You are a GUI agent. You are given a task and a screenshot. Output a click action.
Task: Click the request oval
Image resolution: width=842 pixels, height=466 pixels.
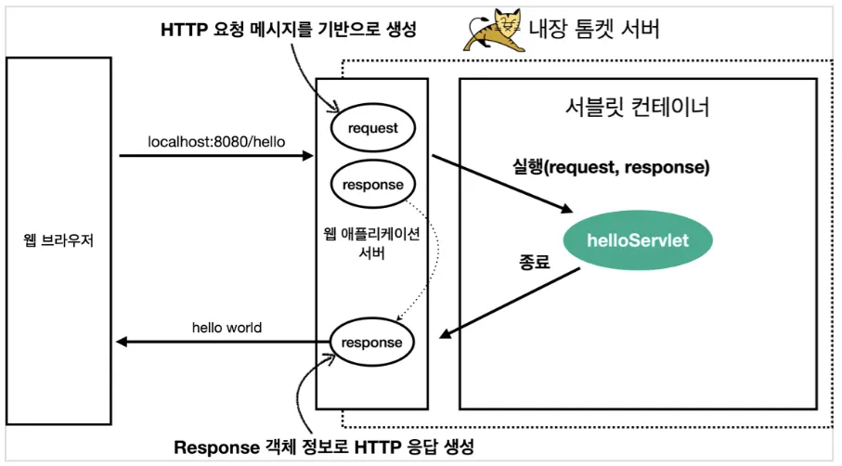pyautogui.click(x=372, y=128)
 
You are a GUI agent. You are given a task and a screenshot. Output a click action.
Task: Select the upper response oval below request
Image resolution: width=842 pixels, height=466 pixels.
pyautogui.click(x=372, y=184)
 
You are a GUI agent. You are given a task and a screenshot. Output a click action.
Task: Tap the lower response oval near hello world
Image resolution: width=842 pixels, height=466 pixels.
pyautogui.click(x=371, y=342)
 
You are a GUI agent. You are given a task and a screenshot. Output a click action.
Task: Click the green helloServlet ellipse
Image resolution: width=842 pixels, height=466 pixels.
pyautogui.click(x=638, y=240)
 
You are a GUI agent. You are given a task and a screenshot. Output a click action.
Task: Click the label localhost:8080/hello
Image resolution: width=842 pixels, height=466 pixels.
pyautogui.click(x=216, y=142)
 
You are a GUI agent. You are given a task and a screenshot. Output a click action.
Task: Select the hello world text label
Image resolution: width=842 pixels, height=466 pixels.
pyautogui.click(x=227, y=328)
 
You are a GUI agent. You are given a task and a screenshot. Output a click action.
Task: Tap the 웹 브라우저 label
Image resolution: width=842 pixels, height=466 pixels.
pyautogui.click(x=58, y=240)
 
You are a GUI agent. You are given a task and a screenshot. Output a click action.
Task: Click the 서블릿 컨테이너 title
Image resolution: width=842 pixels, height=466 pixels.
pyautogui.click(x=638, y=107)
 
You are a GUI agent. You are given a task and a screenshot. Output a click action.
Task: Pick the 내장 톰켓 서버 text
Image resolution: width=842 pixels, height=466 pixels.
pyautogui.click(x=594, y=29)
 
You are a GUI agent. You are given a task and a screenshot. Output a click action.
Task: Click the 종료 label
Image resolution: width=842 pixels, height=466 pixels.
pyautogui.click(x=535, y=262)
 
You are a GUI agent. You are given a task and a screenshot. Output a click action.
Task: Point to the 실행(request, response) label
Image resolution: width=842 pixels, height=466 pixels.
pyautogui.click(x=611, y=167)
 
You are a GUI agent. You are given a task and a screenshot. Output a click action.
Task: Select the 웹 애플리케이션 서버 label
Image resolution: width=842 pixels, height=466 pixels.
pyautogui.click(x=371, y=243)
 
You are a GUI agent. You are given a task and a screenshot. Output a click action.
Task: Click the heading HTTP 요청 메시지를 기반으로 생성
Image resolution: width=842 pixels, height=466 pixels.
pyautogui.click(x=289, y=29)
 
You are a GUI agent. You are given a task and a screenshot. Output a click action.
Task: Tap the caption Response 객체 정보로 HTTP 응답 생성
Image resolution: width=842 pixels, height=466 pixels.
pyautogui.click(x=324, y=447)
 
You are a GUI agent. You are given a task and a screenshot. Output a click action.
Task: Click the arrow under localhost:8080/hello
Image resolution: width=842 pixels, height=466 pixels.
pyautogui.click(x=216, y=156)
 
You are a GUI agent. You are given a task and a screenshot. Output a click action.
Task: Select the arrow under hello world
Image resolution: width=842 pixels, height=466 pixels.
pyautogui.click(x=224, y=342)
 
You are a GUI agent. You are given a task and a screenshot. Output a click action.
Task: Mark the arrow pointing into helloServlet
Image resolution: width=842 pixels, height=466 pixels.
pyautogui.click(x=502, y=184)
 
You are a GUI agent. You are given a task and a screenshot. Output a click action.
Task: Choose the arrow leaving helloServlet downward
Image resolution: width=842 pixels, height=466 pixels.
pyautogui.click(x=511, y=303)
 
